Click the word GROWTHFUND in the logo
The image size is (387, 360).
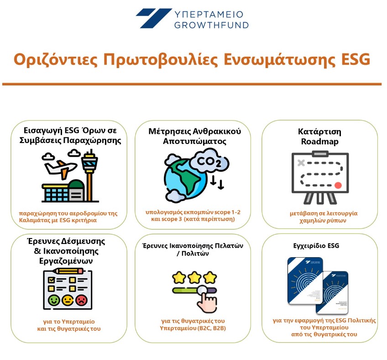[x=211, y=25]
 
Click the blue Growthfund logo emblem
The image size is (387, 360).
[x=153, y=18]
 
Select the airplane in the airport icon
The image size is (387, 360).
[x=60, y=169]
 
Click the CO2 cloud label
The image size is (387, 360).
[x=209, y=162]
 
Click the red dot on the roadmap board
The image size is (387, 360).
[x=338, y=185]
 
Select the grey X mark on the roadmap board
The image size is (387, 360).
[x=301, y=163]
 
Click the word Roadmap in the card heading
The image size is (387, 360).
[x=319, y=142]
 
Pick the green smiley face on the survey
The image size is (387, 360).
[x=54, y=300]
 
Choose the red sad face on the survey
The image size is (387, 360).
[x=81, y=300]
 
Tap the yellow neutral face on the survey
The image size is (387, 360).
[x=68, y=300]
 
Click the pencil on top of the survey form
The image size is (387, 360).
[x=68, y=271]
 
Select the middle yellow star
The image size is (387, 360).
[x=194, y=277]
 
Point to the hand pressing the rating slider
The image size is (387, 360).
[x=207, y=300]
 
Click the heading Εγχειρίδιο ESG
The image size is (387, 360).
[x=316, y=246]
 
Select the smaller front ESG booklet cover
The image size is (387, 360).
[x=332, y=293]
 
